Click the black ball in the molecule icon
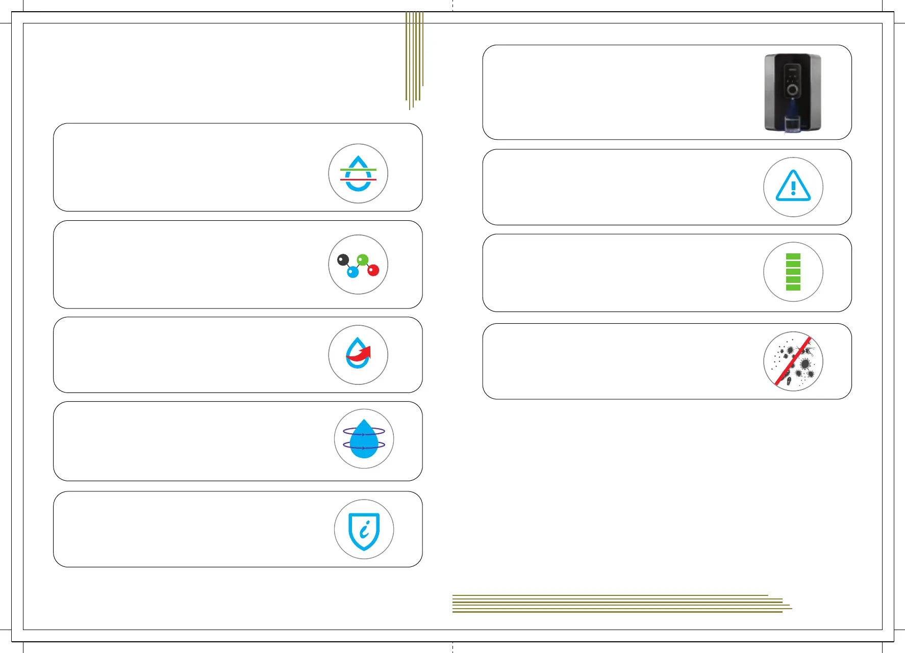click(343, 260)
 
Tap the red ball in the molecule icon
click(373, 270)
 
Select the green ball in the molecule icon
click(363, 260)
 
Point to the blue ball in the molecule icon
click(353, 272)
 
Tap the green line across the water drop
click(358, 169)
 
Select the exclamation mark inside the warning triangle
click(793, 188)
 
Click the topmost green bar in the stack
click(793, 256)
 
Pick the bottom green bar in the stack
click(793, 288)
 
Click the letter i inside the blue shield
click(364, 531)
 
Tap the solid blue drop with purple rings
click(364, 439)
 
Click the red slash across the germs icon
click(793, 361)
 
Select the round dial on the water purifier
click(792, 90)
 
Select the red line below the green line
click(358, 179)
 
